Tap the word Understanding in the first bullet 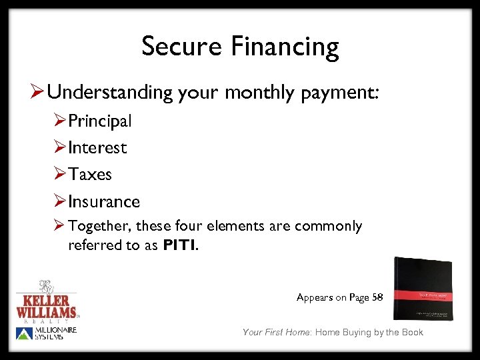click(110, 93)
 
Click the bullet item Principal click(100, 121)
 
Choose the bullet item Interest click(97, 148)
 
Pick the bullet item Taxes click(90, 175)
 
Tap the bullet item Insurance click(104, 201)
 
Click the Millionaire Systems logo click(47, 333)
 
